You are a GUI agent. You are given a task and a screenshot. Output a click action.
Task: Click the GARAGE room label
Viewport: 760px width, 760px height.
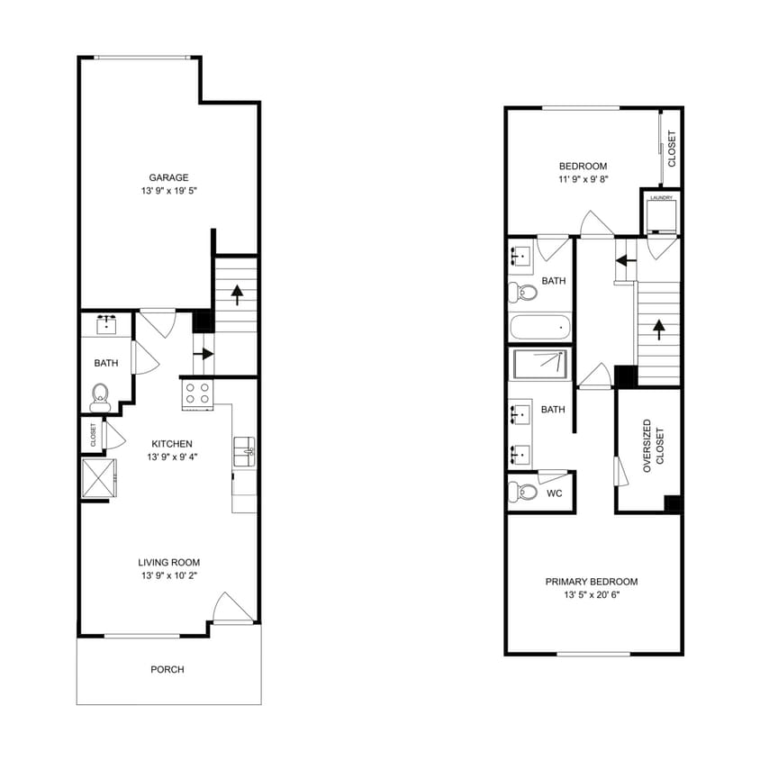point(168,177)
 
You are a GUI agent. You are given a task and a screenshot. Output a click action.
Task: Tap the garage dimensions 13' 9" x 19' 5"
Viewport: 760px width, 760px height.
point(168,193)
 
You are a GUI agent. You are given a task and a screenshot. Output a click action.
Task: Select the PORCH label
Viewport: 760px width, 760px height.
point(167,669)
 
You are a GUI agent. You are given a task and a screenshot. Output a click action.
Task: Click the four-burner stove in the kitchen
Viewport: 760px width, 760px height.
point(197,393)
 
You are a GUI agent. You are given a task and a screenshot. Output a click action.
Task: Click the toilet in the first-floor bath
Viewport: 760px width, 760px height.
point(100,395)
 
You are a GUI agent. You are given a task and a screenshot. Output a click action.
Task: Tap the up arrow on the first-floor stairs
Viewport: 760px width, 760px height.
point(238,294)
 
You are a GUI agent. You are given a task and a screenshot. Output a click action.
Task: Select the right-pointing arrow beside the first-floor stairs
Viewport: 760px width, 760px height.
point(204,353)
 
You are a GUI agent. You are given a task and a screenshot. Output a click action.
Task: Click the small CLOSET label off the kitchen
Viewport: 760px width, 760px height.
point(93,435)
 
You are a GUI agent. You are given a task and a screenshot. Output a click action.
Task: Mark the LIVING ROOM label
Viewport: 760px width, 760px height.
point(169,562)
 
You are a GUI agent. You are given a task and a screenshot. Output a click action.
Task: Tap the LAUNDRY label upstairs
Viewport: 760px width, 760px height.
point(662,197)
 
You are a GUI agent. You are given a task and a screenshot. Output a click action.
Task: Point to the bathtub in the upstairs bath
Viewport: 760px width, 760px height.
point(539,325)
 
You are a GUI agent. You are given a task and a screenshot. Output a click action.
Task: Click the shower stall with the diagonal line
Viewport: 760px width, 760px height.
point(540,365)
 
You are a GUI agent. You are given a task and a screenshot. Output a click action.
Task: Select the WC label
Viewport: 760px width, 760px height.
point(555,493)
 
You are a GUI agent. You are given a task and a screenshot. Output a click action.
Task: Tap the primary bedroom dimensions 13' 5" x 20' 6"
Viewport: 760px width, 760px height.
point(592,596)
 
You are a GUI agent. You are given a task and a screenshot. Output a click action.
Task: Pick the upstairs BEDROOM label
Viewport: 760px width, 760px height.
point(583,166)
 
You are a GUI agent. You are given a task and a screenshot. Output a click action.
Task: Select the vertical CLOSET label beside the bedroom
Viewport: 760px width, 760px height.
point(672,149)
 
